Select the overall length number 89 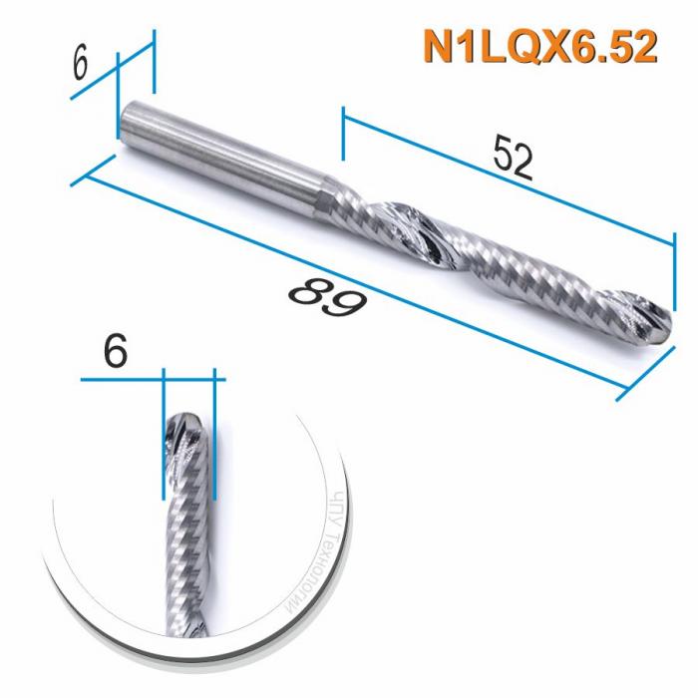[x=327, y=296]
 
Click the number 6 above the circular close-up [x=116, y=350]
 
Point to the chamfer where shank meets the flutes [x=330, y=194]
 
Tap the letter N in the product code [x=436, y=46]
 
